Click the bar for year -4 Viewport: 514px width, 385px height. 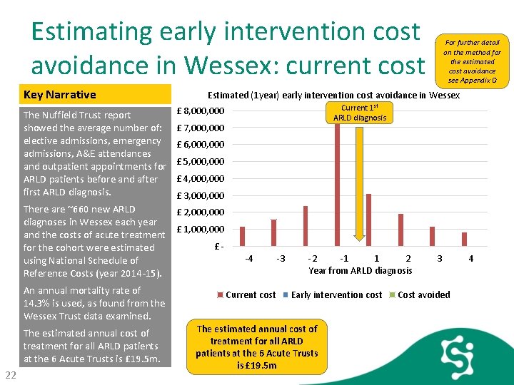click(x=242, y=236)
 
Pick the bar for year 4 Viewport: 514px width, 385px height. click(x=464, y=239)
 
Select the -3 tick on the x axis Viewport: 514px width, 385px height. click(x=281, y=258)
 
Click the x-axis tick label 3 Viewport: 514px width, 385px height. click(x=439, y=258)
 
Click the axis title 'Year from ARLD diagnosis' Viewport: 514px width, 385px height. click(x=360, y=270)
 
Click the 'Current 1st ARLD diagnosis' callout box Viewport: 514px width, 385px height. click(x=360, y=112)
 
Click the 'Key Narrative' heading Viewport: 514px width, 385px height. click(x=60, y=95)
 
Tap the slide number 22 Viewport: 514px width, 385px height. click(x=11, y=375)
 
